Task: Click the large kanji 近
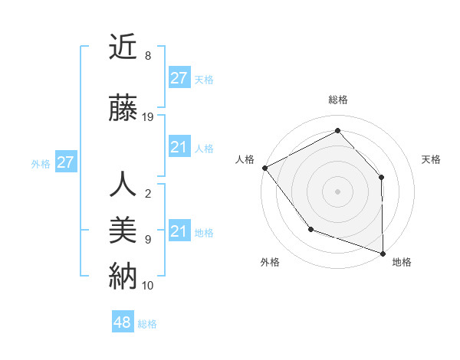[123, 47]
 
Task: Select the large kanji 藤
[123, 109]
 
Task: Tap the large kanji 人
[123, 185]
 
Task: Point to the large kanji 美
[123, 231]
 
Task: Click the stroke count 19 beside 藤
[148, 117]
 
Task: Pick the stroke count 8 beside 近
[147, 56]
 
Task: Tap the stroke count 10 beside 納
[148, 285]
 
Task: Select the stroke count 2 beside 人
[147, 194]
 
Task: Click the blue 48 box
[123, 322]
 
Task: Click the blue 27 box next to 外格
[65, 162]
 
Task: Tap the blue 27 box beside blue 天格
[179, 78]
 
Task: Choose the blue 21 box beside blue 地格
[179, 231]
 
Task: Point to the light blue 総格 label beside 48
[147, 324]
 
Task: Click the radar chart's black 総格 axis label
[337, 100]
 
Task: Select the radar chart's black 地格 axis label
[402, 262]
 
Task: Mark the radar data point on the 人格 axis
[264, 168]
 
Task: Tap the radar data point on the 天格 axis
[382, 177]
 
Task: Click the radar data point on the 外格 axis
[310, 228]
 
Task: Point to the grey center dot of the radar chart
[337, 191]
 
